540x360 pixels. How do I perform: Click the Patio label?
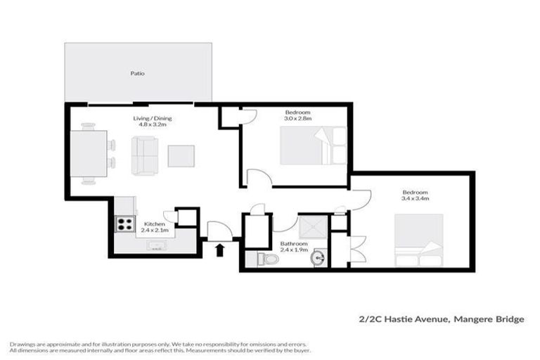pos(137,73)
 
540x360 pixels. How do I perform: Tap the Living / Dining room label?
pos(152,118)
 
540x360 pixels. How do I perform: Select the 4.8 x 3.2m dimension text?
pos(152,124)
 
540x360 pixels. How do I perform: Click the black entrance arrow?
pos(219,250)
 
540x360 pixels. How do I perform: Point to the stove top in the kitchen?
pos(124,224)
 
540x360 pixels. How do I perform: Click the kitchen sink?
pos(157,245)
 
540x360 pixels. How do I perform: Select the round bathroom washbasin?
pos(319,257)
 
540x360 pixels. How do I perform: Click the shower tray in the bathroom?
pos(313,227)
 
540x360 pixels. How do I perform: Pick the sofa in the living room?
pos(145,155)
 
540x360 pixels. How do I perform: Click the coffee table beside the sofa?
pos(181,156)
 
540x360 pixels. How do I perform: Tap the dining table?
pos(89,154)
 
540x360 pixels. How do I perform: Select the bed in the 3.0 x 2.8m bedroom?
pos(314,146)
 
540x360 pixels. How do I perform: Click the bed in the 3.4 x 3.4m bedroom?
pos(419,240)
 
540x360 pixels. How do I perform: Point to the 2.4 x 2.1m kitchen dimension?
pos(155,230)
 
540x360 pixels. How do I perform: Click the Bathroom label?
pos(294,243)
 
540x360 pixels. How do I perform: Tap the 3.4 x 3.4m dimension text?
pos(416,198)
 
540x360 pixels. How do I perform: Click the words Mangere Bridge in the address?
pos(489,319)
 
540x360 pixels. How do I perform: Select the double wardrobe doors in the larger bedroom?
pos(358,249)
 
